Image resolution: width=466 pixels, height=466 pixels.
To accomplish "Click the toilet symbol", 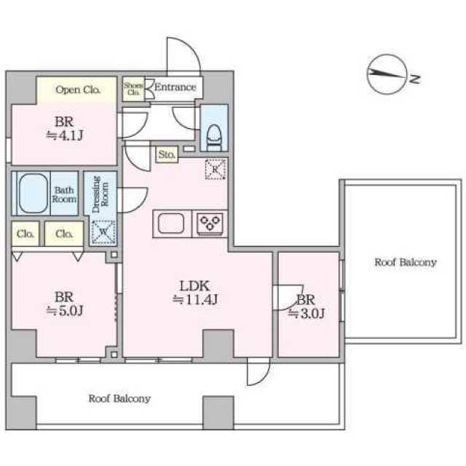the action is click(214, 135).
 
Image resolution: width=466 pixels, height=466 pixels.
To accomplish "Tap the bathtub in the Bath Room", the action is click(33, 193).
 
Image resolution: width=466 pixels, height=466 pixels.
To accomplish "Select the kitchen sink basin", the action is click(171, 224).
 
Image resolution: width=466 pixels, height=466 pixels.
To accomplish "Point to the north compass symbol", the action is click(387, 74).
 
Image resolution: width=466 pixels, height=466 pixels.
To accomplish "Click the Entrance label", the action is click(175, 87).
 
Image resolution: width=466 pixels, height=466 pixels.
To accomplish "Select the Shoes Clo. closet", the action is click(133, 89).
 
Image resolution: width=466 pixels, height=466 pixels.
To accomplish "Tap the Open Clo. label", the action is click(77, 90).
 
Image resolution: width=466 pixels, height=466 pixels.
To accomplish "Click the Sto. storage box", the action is click(167, 154).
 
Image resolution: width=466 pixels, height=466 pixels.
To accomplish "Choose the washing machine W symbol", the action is click(103, 232).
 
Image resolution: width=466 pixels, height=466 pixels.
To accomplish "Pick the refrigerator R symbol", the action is click(216, 169).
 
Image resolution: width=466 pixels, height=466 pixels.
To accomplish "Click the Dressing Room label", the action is click(100, 194).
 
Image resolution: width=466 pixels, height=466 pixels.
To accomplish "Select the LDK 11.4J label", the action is click(195, 293).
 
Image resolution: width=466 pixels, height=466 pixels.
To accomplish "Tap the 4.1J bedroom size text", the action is click(65, 135).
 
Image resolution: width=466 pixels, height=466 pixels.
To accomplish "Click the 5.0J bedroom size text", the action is click(65, 310).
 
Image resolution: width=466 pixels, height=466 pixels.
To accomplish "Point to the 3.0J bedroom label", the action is click(306, 307).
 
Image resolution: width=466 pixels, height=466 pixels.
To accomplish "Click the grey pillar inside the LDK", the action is click(218, 344).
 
